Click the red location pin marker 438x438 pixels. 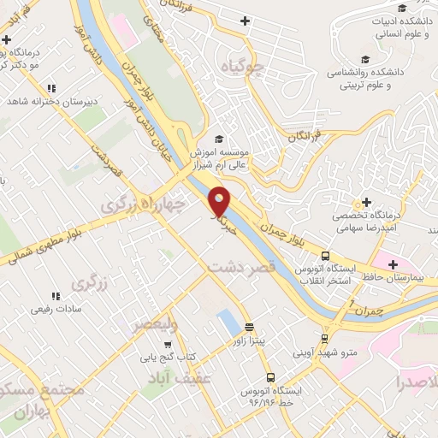[x=220, y=200]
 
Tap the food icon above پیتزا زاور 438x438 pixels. [x=250, y=326]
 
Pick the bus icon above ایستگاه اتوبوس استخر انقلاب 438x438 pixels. [x=325, y=255]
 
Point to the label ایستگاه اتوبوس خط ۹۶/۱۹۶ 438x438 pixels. [x=282, y=394]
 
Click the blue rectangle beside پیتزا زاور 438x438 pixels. [x=229, y=323]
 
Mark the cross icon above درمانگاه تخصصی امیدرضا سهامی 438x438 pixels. [x=367, y=202]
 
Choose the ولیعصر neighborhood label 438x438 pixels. [x=155, y=323]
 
